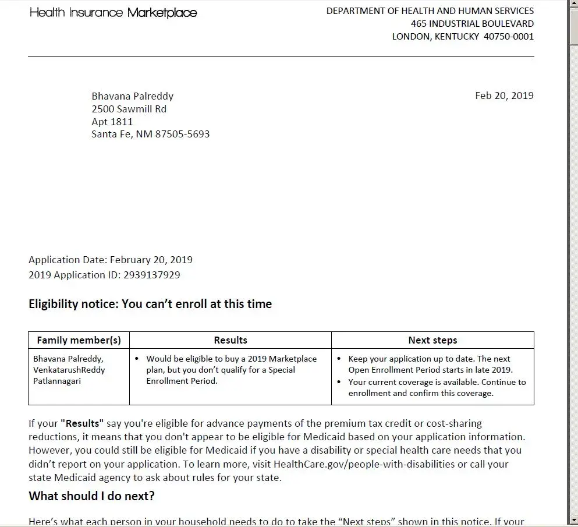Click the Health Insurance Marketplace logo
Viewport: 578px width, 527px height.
pos(114,12)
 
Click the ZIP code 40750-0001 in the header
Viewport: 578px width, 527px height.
pos(508,36)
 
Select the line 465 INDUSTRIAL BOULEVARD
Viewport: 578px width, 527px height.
pos(472,23)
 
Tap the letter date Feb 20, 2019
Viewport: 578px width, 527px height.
pos(504,96)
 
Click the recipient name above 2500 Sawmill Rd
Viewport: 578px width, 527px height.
pos(133,96)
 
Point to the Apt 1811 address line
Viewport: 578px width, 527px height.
pos(112,122)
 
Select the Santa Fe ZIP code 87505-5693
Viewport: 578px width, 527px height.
pos(182,134)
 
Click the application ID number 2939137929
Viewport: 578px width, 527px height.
pos(151,275)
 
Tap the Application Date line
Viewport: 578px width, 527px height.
pos(111,260)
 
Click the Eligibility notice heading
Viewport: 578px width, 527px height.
pos(150,304)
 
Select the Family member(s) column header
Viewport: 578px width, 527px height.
pos(79,340)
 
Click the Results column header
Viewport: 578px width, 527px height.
pos(231,340)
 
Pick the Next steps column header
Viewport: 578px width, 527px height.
pos(432,340)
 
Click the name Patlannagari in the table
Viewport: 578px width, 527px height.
pos(57,381)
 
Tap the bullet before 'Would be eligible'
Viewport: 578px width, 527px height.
pos(136,359)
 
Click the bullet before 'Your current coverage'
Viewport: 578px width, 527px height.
pos(339,382)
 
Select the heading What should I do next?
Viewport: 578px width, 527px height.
pos(91,496)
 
